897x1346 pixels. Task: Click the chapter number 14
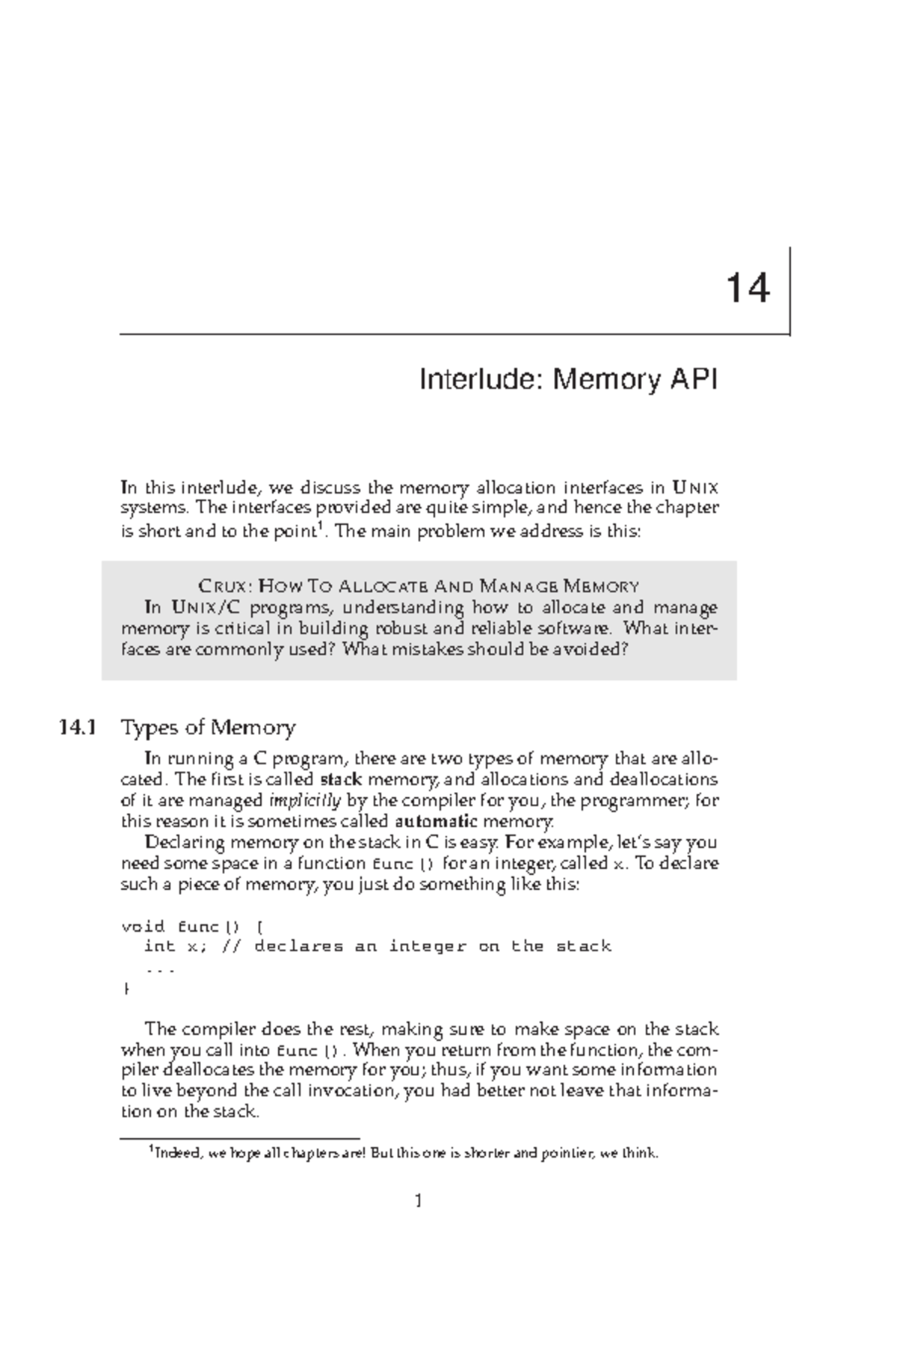pyautogui.click(x=747, y=289)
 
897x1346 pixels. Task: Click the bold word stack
pyautogui.click(x=340, y=779)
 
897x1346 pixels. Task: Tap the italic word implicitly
pyautogui.click(x=305, y=800)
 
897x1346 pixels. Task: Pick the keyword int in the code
pyautogui.click(x=158, y=947)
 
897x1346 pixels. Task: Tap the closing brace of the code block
pyautogui.click(x=125, y=989)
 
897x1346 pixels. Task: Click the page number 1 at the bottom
pyautogui.click(x=419, y=1201)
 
